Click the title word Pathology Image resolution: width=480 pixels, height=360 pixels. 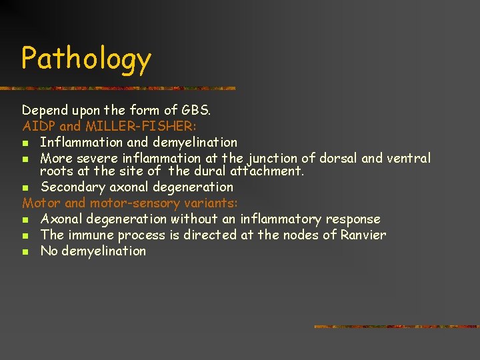coord(86,59)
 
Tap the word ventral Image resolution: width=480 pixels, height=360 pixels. coord(409,158)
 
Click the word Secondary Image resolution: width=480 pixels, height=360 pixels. coord(72,187)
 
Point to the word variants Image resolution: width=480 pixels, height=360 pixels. coord(212,203)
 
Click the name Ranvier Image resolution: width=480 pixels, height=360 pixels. coord(363,235)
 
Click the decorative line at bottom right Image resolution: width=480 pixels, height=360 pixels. coord(396,327)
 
